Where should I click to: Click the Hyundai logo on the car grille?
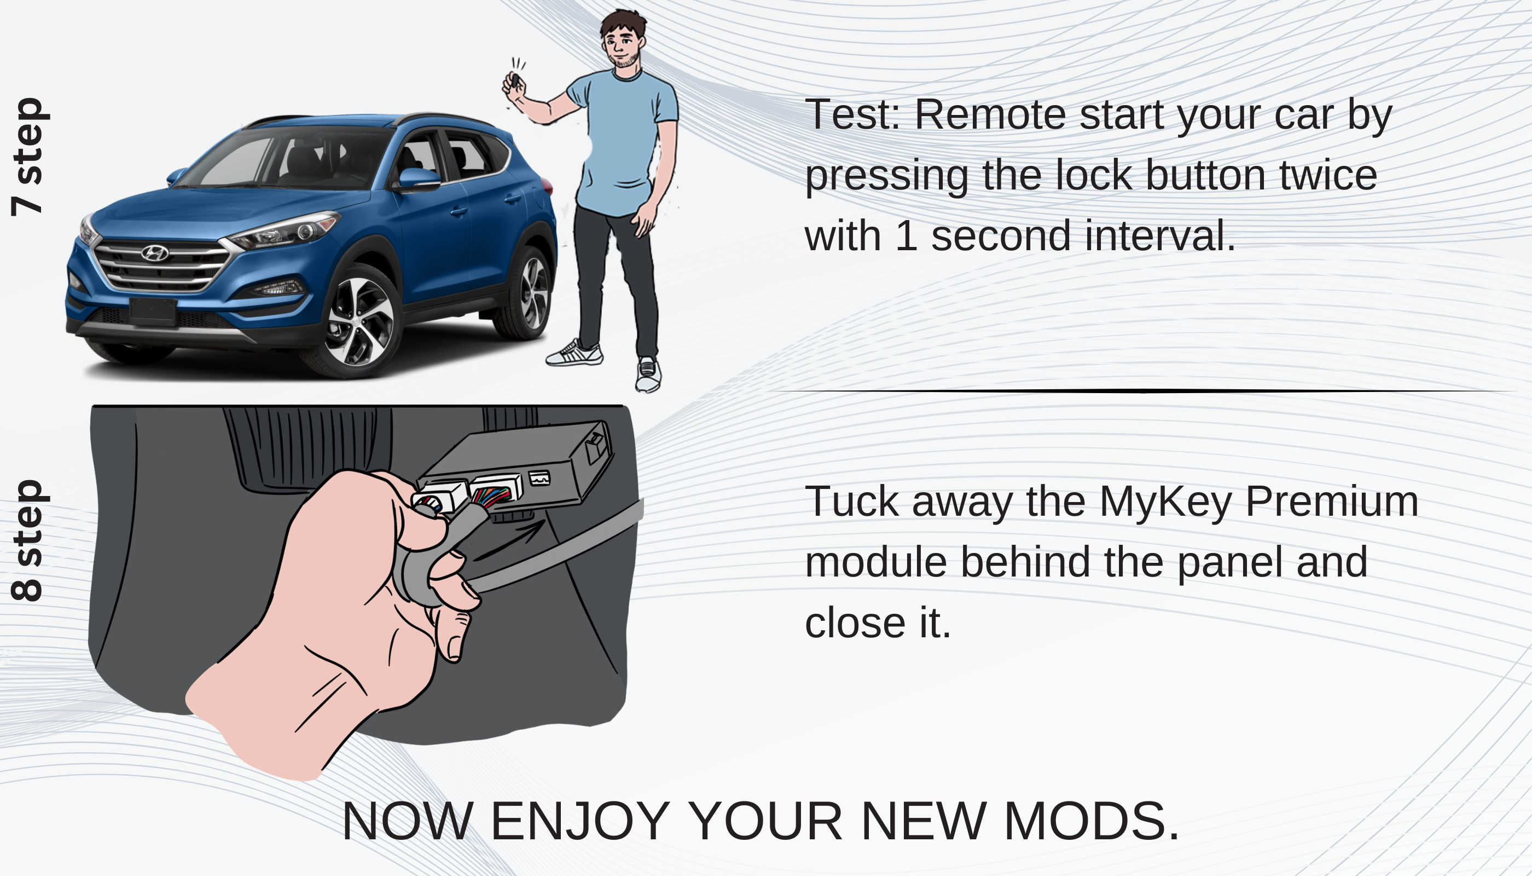coord(154,253)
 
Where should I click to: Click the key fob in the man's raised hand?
coord(515,80)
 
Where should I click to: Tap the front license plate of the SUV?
coord(153,312)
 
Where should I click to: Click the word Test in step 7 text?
coord(852,114)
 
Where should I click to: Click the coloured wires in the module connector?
coord(492,497)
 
